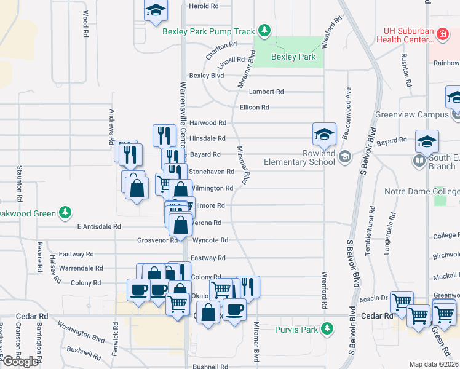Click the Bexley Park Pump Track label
point(208,31)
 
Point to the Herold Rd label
point(204,6)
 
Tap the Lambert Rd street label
point(266,92)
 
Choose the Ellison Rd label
point(255,108)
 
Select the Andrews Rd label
point(112,127)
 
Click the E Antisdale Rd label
point(98,226)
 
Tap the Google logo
point(20,362)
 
